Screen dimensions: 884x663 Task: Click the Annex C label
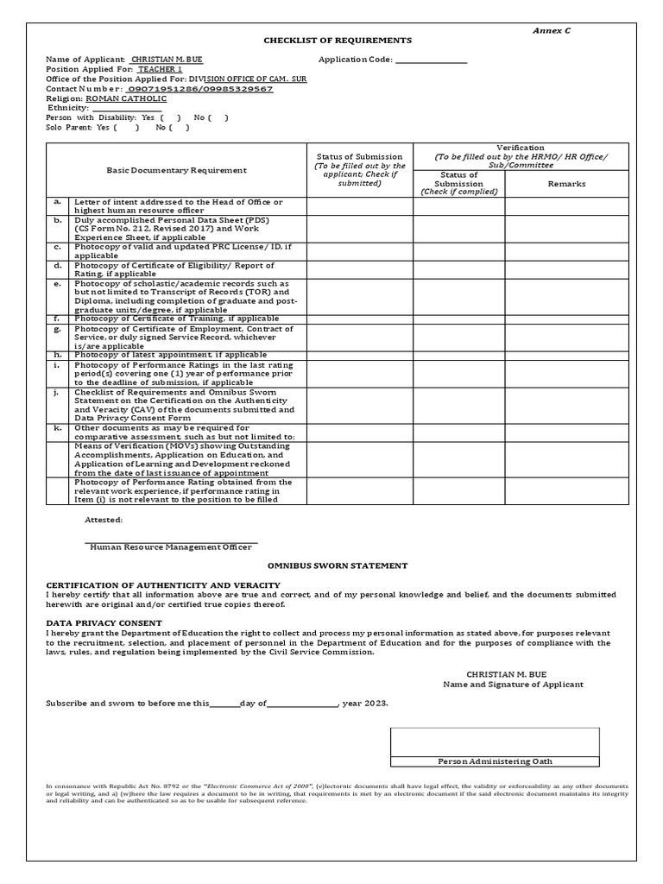coord(551,30)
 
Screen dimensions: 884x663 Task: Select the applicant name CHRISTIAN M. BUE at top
coord(167,60)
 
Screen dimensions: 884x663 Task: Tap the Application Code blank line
coord(431,60)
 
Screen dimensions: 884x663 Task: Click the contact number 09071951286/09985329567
coord(199,89)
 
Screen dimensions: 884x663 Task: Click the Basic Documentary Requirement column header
coord(175,170)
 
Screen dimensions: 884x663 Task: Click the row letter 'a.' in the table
coord(58,201)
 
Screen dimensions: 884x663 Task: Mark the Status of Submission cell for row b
coord(360,229)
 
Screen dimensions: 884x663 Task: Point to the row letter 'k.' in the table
coord(58,426)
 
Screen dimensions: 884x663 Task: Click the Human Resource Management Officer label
coord(171,546)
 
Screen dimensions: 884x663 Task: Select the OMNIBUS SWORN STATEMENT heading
coord(337,565)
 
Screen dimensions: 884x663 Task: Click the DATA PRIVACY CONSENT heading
coord(104,622)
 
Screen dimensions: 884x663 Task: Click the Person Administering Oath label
coord(495,761)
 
